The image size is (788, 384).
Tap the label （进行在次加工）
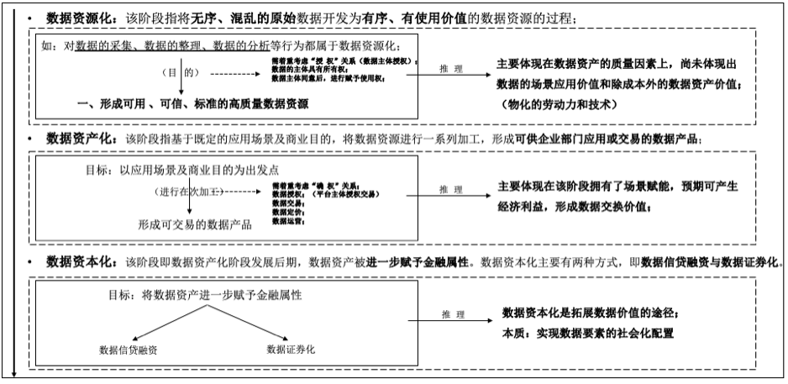point(192,193)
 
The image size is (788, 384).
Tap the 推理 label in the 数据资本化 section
point(451,313)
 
